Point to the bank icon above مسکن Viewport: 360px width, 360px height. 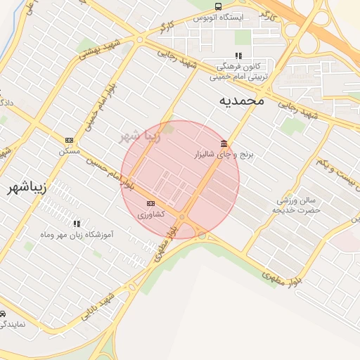tap(69, 140)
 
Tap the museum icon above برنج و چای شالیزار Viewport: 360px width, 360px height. tap(224, 144)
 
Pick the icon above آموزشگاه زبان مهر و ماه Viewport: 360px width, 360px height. tap(77, 223)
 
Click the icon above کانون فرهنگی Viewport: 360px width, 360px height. tap(238, 55)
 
